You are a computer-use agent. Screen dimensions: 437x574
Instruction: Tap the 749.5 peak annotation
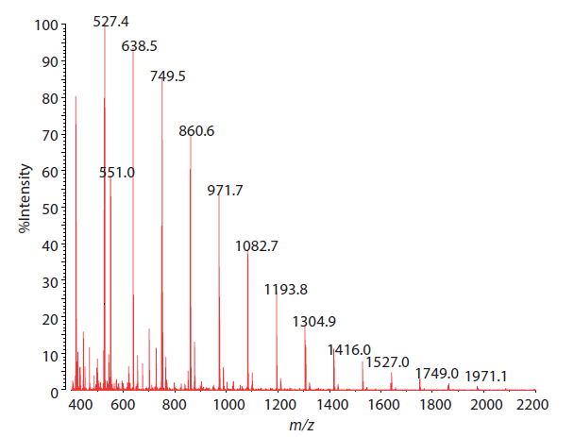tap(168, 76)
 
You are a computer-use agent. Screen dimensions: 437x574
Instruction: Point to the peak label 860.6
tap(196, 131)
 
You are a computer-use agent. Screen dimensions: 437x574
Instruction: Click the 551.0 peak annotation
tap(117, 172)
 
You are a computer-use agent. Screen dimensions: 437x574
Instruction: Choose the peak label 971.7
tap(225, 191)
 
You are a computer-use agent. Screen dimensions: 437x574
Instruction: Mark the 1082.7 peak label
tap(258, 246)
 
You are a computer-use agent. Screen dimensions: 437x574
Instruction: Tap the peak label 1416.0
tap(349, 350)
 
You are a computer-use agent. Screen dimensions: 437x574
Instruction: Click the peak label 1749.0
tap(437, 374)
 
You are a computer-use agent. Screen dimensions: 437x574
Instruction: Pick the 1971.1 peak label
tap(486, 377)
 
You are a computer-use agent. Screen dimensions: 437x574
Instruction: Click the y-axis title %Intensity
tap(25, 199)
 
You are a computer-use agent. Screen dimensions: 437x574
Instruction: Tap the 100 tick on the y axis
tap(45, 24)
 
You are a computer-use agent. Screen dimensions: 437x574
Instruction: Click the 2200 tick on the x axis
tap(533, 406)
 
